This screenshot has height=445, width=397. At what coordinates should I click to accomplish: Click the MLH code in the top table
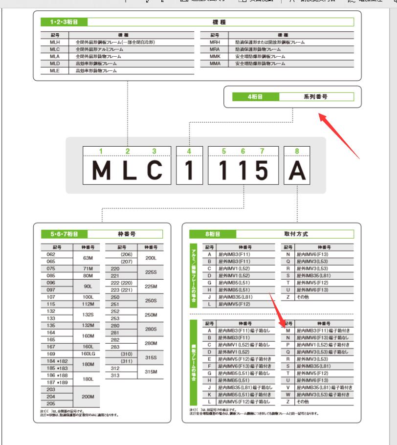tap(48, 43)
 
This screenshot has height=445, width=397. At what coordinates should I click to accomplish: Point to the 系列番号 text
tap(316, 97)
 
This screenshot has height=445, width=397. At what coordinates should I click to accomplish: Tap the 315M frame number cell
tap(151, 372)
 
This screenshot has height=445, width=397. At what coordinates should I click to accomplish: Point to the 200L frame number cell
tap(151, 258)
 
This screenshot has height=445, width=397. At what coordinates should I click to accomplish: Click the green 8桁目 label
tap(212, 234)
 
